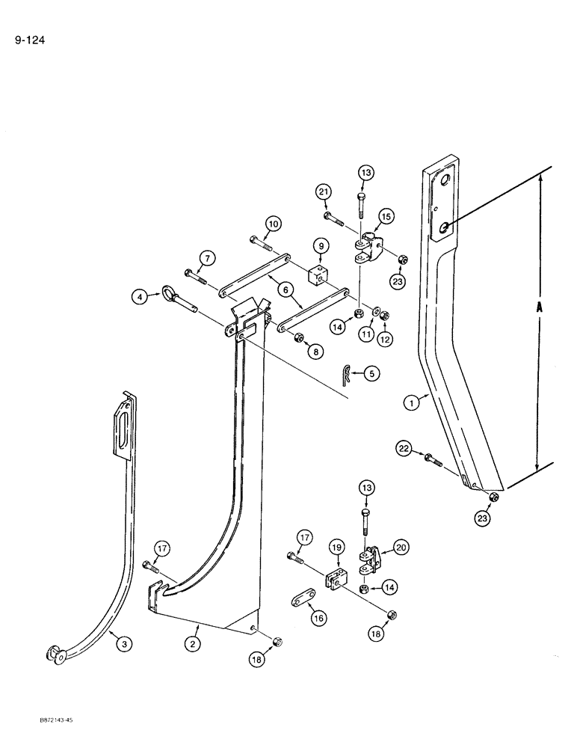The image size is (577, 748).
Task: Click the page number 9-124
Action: [x=30, y=40]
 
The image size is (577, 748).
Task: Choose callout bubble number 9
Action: [x=320, y=245]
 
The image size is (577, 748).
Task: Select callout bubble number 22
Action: [x=404, y=448]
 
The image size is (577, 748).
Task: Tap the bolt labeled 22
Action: [x=433, y=459]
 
